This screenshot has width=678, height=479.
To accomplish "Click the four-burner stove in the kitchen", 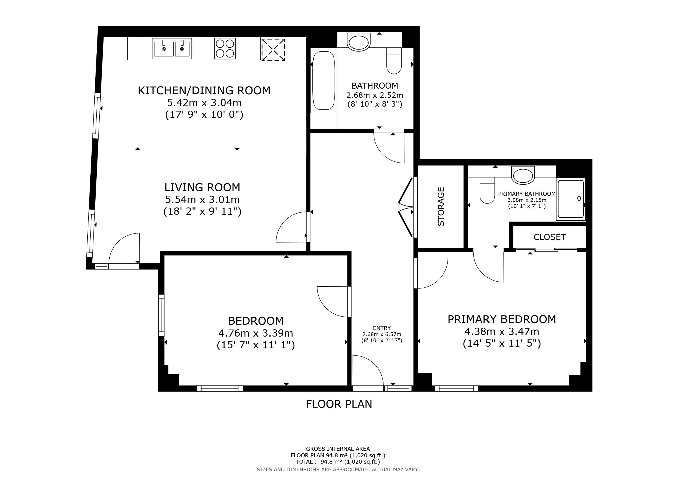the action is click(x=225, y=48).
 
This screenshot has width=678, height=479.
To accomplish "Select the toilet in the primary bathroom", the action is click(x=487, y=190).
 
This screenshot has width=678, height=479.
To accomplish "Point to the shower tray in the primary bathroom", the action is click(x=570, y=199).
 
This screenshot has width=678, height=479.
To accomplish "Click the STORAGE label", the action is click(x=441, y=207).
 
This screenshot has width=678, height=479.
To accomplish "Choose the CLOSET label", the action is click(x=550, y=237).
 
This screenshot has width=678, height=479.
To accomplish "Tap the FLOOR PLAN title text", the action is click(x=339, y=404).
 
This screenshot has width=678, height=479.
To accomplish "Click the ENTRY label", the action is click(x=382, y=328).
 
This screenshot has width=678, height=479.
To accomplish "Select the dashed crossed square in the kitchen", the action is click(x=273, y=49).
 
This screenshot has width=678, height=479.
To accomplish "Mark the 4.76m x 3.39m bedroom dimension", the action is click(x=256, y=333).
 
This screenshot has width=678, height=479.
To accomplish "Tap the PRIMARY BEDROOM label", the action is click(x=502, y=319).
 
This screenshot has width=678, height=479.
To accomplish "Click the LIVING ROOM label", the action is click(x=202, y=187).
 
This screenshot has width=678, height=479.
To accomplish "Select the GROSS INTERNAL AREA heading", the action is click(x=338, y=449).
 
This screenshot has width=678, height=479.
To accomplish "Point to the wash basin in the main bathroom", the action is click(x=359, y=42).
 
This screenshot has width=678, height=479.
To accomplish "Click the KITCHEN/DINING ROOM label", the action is click(x=204, y=90).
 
